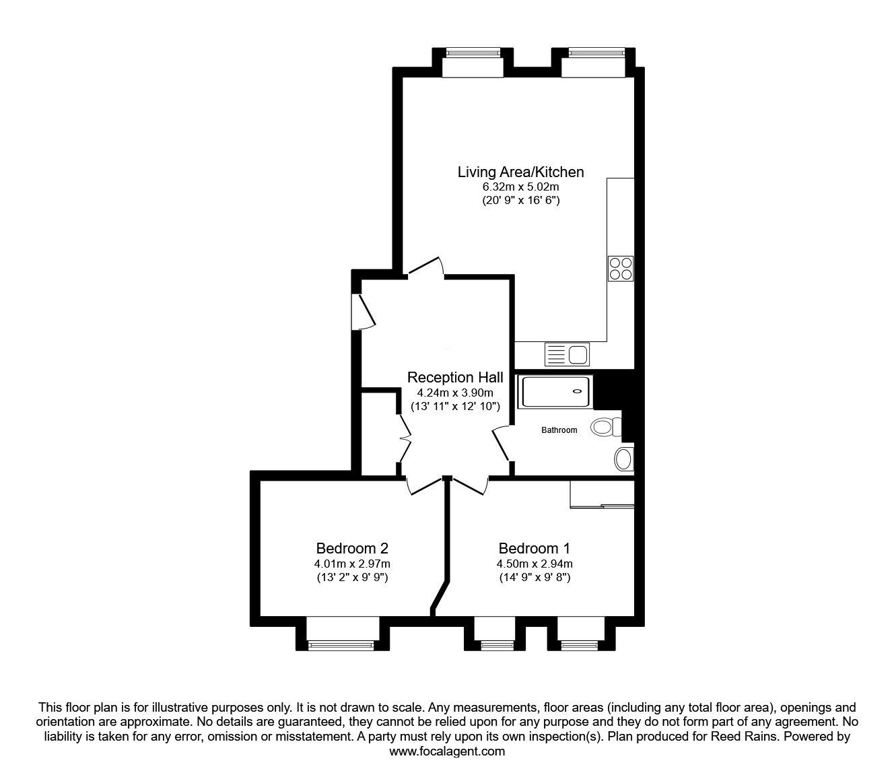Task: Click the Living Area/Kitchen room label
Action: click(x=520, y=172)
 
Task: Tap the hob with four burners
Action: click(x=621, y=268)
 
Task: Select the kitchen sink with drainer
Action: click(x=567, y=354)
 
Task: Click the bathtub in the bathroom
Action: click(x=556, y=392)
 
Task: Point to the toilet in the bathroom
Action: click(x=605, y=426)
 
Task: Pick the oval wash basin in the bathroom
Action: click(x=624, y=460)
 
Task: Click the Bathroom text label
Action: click(x=559, y=430)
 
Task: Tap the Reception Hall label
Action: click(x=455, y=377)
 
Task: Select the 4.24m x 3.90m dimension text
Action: click(x=455, y=393)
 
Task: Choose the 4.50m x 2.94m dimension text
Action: click(x=535, y=564)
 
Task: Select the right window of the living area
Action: click(x=595, y=53)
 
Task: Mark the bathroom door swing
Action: click(x=501, y=444)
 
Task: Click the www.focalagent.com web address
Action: click(x=447, y=751)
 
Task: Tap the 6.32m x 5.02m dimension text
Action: click(x=520, y=187)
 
